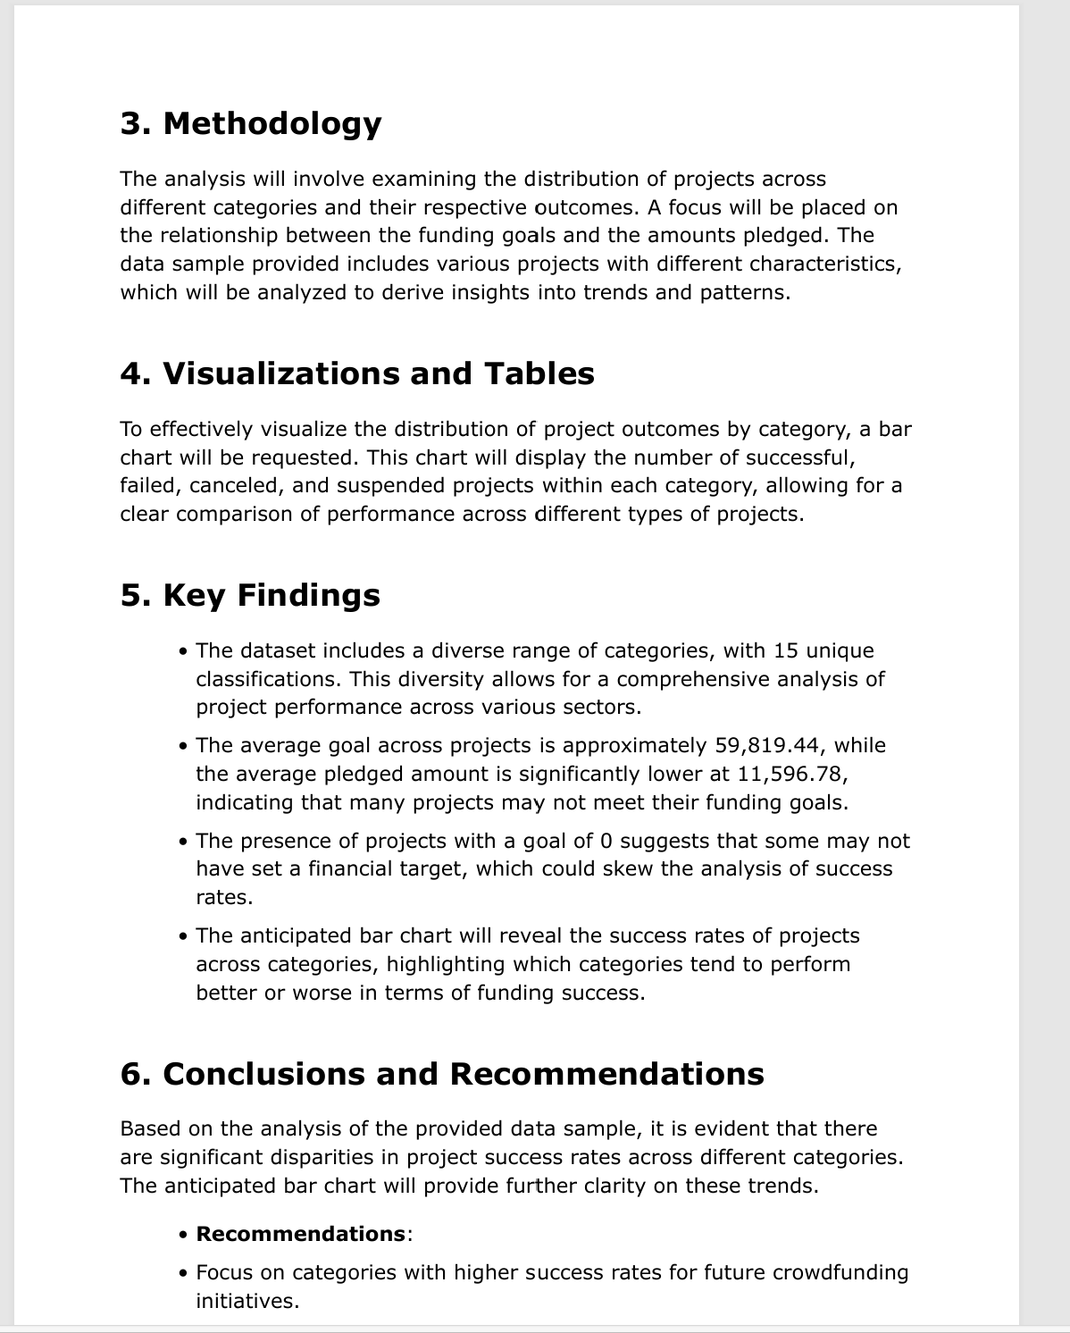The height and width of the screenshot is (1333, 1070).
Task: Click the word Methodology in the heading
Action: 272,123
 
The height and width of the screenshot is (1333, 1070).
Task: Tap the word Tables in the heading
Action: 539,373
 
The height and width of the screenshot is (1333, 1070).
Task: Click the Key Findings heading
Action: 250,595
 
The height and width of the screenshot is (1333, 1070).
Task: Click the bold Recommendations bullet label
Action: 301,1234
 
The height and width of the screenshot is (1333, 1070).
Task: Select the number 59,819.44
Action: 771,745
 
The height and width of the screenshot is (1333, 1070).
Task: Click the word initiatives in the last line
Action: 246,1301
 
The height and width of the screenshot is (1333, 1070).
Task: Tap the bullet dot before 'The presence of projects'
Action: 183,842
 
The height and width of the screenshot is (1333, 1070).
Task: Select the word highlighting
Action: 447,964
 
